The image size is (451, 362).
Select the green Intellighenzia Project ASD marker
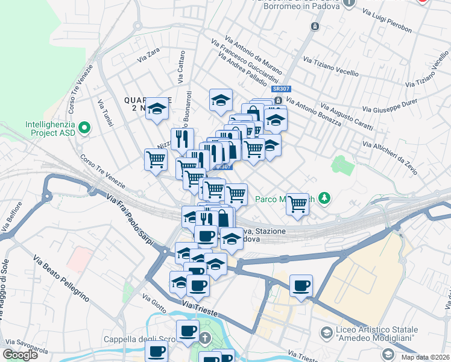pyautogui.click(x=84, y=128)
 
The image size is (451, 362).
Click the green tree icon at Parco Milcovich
pyautogui.click(x=325, y=198)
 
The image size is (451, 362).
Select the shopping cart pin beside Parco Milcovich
pyautogui.click(x=297, y=205)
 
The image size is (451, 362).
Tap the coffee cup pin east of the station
pyautogui.click(x=301, y=285)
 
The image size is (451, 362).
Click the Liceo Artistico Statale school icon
pyautogui.click(x=326, y=332)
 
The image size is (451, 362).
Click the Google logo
pyautogui.click(x=20, y=355)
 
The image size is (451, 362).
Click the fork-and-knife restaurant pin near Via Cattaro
pyautogui.click(x=182, y=138)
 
